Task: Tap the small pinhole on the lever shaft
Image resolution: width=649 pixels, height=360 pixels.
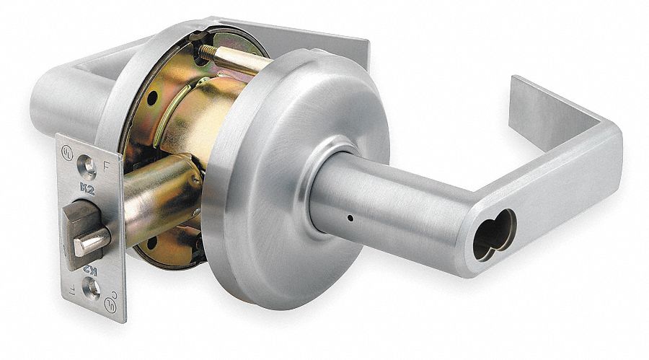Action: click(348, 217)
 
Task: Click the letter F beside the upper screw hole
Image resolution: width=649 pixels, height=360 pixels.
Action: click(107, 164)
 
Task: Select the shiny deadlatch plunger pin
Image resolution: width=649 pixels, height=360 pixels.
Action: click(92, 242)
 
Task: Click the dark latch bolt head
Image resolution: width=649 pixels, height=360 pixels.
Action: click(79, 224)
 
